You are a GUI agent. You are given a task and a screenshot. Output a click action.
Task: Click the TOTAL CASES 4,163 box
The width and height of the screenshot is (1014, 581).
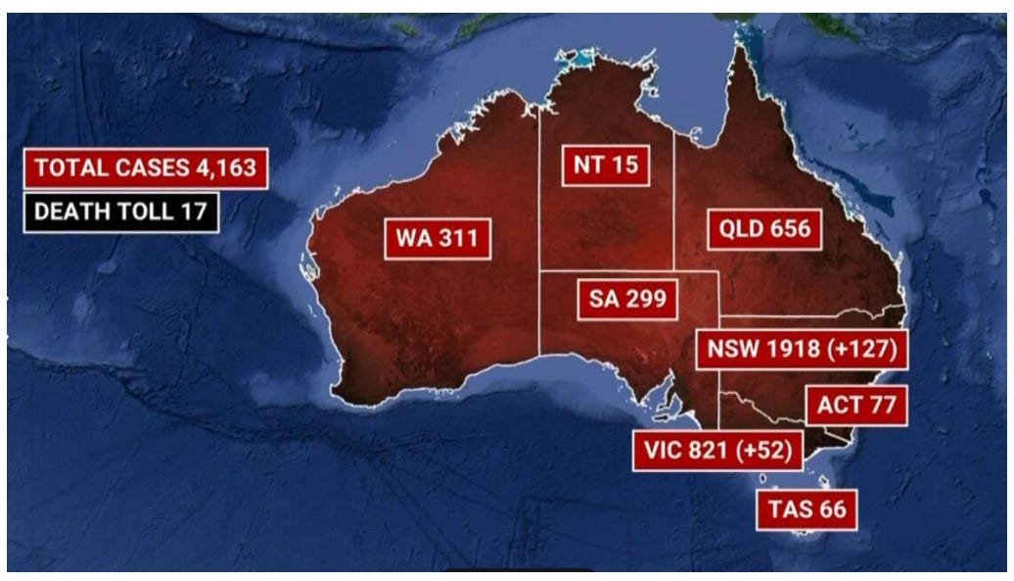pyautogui.click(x=146, y=168)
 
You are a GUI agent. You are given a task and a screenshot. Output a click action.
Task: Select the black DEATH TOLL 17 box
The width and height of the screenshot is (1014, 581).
pyautogui.click(x=121, y=211)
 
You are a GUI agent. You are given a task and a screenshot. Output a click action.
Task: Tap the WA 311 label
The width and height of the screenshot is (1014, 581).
pyautogui.click(x=438, y=238)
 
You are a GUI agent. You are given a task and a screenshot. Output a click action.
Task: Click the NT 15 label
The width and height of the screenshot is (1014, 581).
pyautogui.click(x=606, y=165)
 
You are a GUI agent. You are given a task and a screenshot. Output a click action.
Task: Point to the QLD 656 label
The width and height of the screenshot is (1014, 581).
pyautogui.click(x=765, y=229)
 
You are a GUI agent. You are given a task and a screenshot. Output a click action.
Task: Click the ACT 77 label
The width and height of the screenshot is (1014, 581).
pyautogui.click(x=856, y=405)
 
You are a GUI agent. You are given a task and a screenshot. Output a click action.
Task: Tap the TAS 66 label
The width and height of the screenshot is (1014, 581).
pyautogui.click(x=807, y=510)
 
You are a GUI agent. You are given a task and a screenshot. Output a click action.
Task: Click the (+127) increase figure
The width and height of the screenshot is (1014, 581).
pyautogui.click(x=859, y=350)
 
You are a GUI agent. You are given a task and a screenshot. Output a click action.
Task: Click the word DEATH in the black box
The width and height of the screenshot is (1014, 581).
pyautogui.click(x=68, y=211)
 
